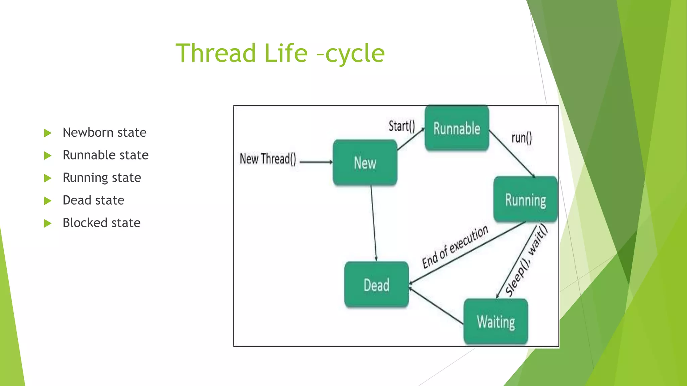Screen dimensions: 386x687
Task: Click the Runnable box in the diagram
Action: coord(457,128)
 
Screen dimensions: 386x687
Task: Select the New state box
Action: coord(365,163)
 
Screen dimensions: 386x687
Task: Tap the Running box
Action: coord(525,200)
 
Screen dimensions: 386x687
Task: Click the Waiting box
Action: coord(496,322)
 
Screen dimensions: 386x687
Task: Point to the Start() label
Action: coord(402,126)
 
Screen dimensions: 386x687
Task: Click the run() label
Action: coord(521,138)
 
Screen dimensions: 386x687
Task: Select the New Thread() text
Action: coord(268,159)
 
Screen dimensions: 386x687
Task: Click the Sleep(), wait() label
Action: coord(526,261)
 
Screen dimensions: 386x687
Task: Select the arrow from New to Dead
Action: coord(374,223)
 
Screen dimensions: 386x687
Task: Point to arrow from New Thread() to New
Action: coord(316,162)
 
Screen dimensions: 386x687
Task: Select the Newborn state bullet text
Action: coord(104,133)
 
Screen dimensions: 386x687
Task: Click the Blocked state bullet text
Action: coord(101,223)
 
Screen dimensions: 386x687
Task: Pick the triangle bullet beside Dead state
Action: coord(48,201)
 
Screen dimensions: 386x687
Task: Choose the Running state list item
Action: coord(102,178)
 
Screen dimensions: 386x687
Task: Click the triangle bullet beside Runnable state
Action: coord(48,155)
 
